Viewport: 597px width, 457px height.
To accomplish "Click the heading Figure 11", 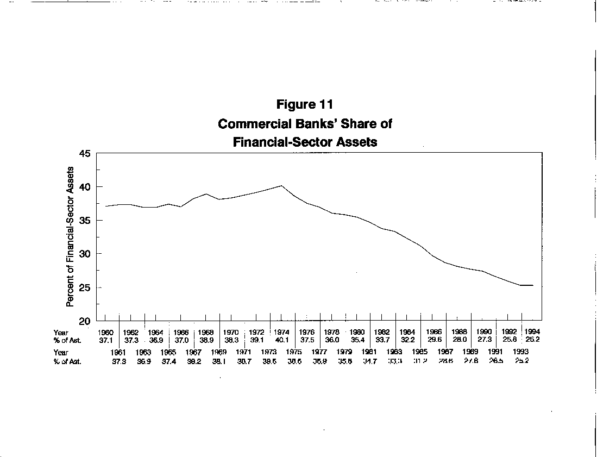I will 304,104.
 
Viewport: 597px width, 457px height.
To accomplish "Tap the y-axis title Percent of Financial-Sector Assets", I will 70,237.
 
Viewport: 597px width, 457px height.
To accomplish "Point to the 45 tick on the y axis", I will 85,154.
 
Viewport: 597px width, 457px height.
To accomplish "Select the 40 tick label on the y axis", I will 85,187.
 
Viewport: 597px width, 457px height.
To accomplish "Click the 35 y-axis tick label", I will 85,221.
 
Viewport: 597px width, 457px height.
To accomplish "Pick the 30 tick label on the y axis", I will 85,254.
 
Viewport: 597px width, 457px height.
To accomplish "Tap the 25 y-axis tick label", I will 85,287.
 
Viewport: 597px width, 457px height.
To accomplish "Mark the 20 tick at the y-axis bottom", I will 85,321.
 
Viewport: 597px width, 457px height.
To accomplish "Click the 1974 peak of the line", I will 281,186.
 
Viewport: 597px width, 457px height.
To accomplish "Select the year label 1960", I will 105,332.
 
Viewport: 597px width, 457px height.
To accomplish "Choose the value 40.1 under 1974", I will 281,340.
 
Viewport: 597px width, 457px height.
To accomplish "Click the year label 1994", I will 532,332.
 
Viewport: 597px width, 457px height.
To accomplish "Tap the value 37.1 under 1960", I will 105,340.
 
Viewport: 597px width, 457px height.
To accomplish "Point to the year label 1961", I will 119,352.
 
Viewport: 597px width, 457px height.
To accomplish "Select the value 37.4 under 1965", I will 169,361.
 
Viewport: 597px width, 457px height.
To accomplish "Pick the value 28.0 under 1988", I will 460,340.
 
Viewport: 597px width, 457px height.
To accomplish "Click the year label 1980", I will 357,332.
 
